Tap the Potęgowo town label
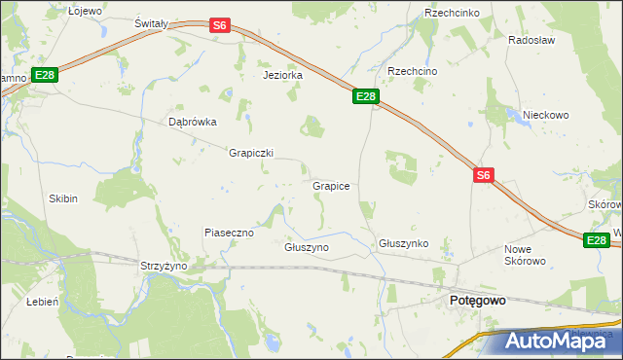pos(477,302)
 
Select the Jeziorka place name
pos(282,75)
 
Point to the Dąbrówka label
pos(192,123)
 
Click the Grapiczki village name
pos(251,153)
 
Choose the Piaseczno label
pos(229,233)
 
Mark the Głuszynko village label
pos(404,243)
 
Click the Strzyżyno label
pos(164,265)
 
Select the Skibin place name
pos(63,198)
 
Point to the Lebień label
pos(43,302)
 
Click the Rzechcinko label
pos(449,13)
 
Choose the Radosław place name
pos(531,41)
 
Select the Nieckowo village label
pos(545,115)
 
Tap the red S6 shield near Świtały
pos(220,26)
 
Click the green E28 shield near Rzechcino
pos(365,96)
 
